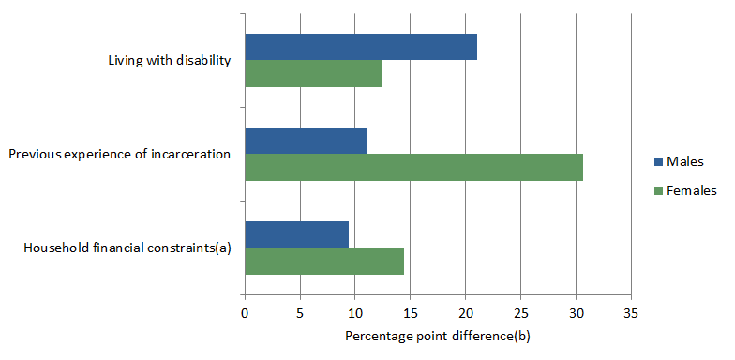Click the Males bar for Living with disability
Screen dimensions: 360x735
coord(361,47)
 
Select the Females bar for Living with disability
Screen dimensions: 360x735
coord(313,73)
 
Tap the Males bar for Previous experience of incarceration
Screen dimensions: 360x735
coord(306,141)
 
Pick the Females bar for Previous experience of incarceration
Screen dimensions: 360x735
coord(413,167)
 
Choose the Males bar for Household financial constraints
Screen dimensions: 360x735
coord(296,234)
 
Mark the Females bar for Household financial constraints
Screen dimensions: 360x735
coord(324,261)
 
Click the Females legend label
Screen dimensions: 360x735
coord(691,190)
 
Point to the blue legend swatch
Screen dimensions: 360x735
coord(656,163)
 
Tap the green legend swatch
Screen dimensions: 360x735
coord(656,190)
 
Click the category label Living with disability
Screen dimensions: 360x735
coord(170,61)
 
